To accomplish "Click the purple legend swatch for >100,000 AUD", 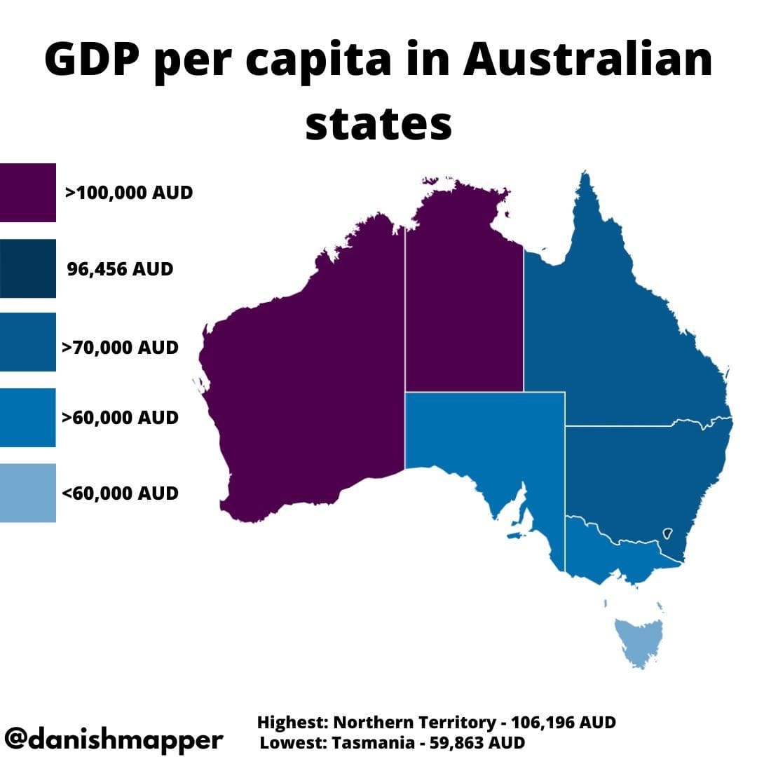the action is click(x=27, y=193).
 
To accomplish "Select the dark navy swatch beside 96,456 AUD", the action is click(x=27, y=268).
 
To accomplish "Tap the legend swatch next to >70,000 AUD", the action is click(x=27, y=342).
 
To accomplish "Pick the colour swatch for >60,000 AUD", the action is click(x=27, y=418).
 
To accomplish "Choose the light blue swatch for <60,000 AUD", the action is click(x=27, y=493).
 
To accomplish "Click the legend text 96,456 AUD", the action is click(x=120, y=268).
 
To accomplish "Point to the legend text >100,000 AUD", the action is click(x=128, y=193).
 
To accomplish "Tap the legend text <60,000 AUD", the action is click(x=120, y=493).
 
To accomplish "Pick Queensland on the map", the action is click(x=617, y=329).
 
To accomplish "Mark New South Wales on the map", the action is click(x=638, y=477).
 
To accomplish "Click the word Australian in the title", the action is click(x=586, y=62).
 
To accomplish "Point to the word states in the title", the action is click(x=378, y=124).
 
